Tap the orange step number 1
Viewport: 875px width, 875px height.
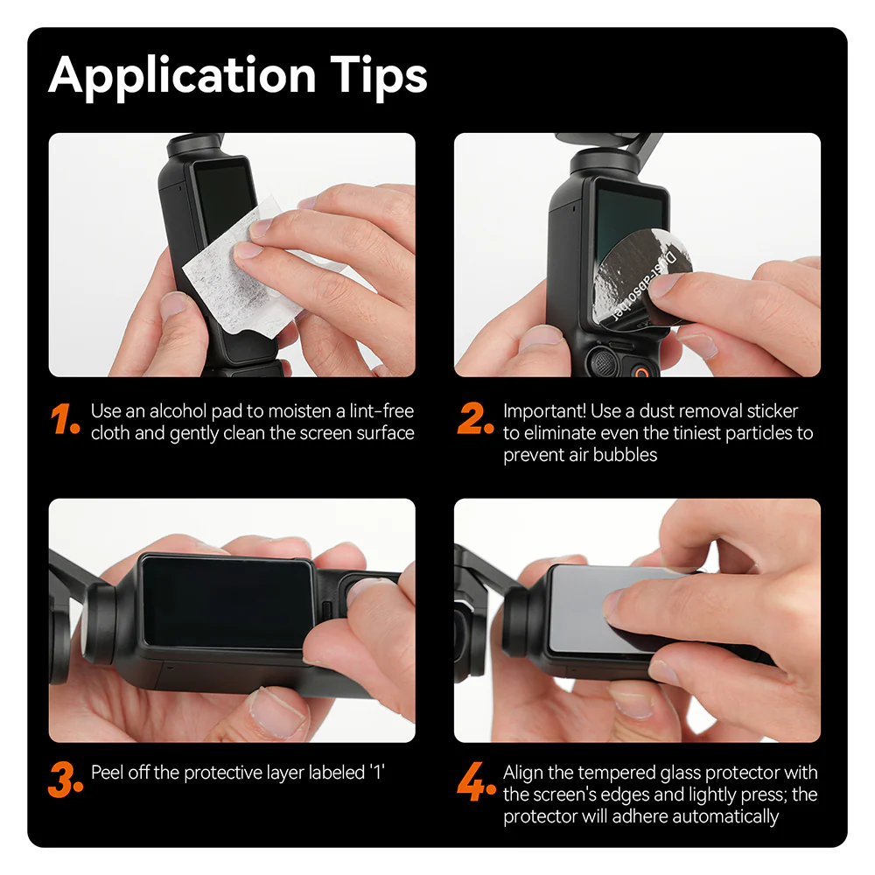click(x=66, y=421)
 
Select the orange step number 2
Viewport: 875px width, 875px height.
click(x=476, y=421)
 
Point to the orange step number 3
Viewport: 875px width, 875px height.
click(x=66, y=781)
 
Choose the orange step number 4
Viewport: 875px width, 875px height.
click(x=476, y=781)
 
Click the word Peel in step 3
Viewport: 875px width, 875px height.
click(x=108, y=773)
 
